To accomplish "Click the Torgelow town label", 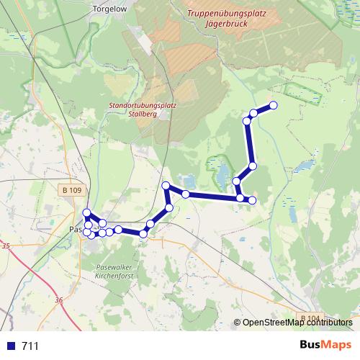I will coord(109,9).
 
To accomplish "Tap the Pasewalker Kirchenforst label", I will coord(115,271).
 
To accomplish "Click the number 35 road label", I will coord(6,246).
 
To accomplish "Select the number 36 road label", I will coord(58,300).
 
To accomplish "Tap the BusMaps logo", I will coord(325,344).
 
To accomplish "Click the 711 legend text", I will coord(30,346).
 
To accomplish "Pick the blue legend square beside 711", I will coord(11,346).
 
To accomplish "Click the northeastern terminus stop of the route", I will coord(273,107).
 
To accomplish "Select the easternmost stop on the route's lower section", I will coord(252,199).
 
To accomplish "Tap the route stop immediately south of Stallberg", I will coord(166,186).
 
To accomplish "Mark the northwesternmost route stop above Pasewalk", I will coord(86,212).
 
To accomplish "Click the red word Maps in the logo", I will coord(337,344).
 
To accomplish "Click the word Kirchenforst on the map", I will coord(115,275).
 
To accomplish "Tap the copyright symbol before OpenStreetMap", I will coord(237,323).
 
